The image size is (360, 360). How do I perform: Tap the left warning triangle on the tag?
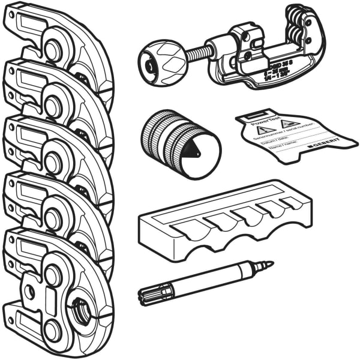(x=262, y=129)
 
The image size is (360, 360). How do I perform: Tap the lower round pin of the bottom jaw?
(x=53, y=329)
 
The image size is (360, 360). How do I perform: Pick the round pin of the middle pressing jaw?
(x=53, y=163)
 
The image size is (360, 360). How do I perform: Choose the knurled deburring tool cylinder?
(x=168, y=138)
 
